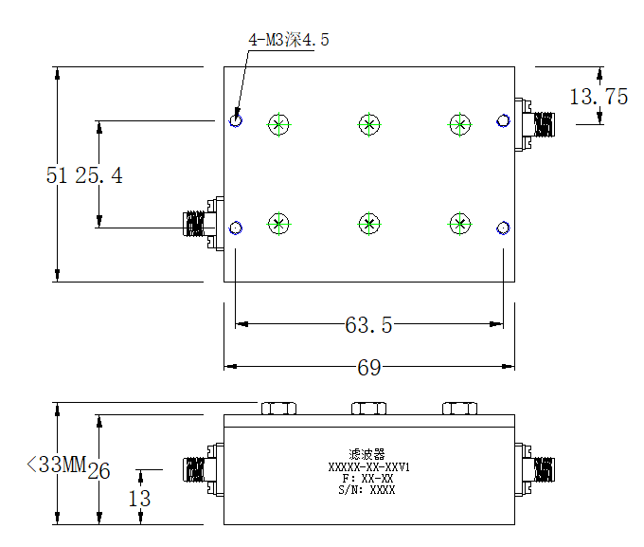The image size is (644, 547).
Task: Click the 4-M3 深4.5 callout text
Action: [x=288, y=40]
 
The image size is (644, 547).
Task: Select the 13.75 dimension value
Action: [x=599, y=97]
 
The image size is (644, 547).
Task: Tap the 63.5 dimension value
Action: [x=368, y=325]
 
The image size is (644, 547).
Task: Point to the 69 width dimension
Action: [x=368, y=367]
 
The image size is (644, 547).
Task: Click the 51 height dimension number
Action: [x=57, y=175]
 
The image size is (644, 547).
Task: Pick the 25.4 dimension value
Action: [x=99, y=175]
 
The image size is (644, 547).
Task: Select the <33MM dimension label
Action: [x=56, y=465]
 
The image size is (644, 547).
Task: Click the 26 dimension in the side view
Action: [x=99, y=471]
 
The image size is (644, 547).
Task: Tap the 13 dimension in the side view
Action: [x=139, y=499]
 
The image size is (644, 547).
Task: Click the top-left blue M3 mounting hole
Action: [x=236, y=120]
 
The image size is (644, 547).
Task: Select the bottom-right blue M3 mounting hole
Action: [x=503, y=228]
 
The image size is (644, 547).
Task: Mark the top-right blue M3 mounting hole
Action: [x=503, y=121]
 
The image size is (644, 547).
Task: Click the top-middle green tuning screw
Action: [x=369, y=124]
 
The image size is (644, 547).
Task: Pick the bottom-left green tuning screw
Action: [x=278, y=224]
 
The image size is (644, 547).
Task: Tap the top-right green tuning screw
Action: [x=460, y=124]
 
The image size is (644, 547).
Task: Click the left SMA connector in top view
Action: [x=204, y=224]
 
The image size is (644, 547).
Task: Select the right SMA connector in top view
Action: [x=535, y=124]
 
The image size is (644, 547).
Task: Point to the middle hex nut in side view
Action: [x=368, y=409]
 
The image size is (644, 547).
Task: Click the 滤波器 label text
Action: [x=367, y=454]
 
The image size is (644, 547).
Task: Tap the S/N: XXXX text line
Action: [x=367, y=490]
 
